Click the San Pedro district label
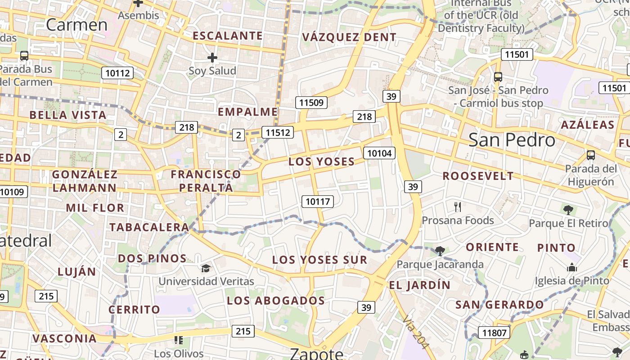click(x=512, y=140)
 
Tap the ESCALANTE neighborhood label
click(x=227, y=36)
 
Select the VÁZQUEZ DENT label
click(x=349, y=37)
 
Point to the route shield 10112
click(x=117, y=73)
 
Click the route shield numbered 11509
click(x=311, y=103)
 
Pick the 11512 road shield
click(x=278, y=132)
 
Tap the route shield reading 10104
click(x=379, y=153)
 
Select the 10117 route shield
click(x=318, y=202)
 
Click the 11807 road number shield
click(x=494, y=333)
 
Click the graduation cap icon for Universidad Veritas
click(x=206, y=269)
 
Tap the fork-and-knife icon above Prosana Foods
click(x=458, y=207)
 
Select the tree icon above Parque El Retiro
click(x=568, y=210)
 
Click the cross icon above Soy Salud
click(x=212, y=58)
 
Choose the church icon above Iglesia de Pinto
click(x=572, y=268)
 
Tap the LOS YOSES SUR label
click(x=319, y=260)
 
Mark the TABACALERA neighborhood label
click(x=149, y=227)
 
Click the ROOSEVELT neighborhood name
click(x=478, y=176)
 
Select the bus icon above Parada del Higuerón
click(x=590, y=155)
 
